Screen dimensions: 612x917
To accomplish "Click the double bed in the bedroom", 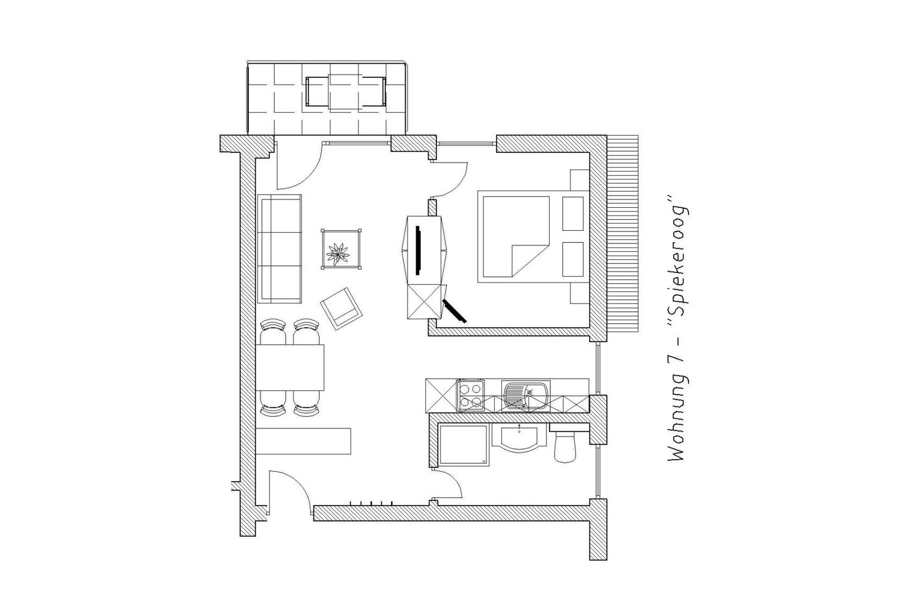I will click(x=516, y=237).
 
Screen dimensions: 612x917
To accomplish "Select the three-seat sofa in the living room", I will click(x=280, y=249).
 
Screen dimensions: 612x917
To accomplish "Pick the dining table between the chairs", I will click(x=291, y=367).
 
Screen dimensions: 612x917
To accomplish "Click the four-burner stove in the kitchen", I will click(x=470, y=395).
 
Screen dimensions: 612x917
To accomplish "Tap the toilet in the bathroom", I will click(x=565, y=446).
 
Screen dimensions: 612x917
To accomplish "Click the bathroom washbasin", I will click(x=520, y=439).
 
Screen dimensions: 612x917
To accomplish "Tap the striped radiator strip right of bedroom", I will click(x=623, y=233).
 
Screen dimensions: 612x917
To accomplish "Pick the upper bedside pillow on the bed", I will click(x=573, y=213).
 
